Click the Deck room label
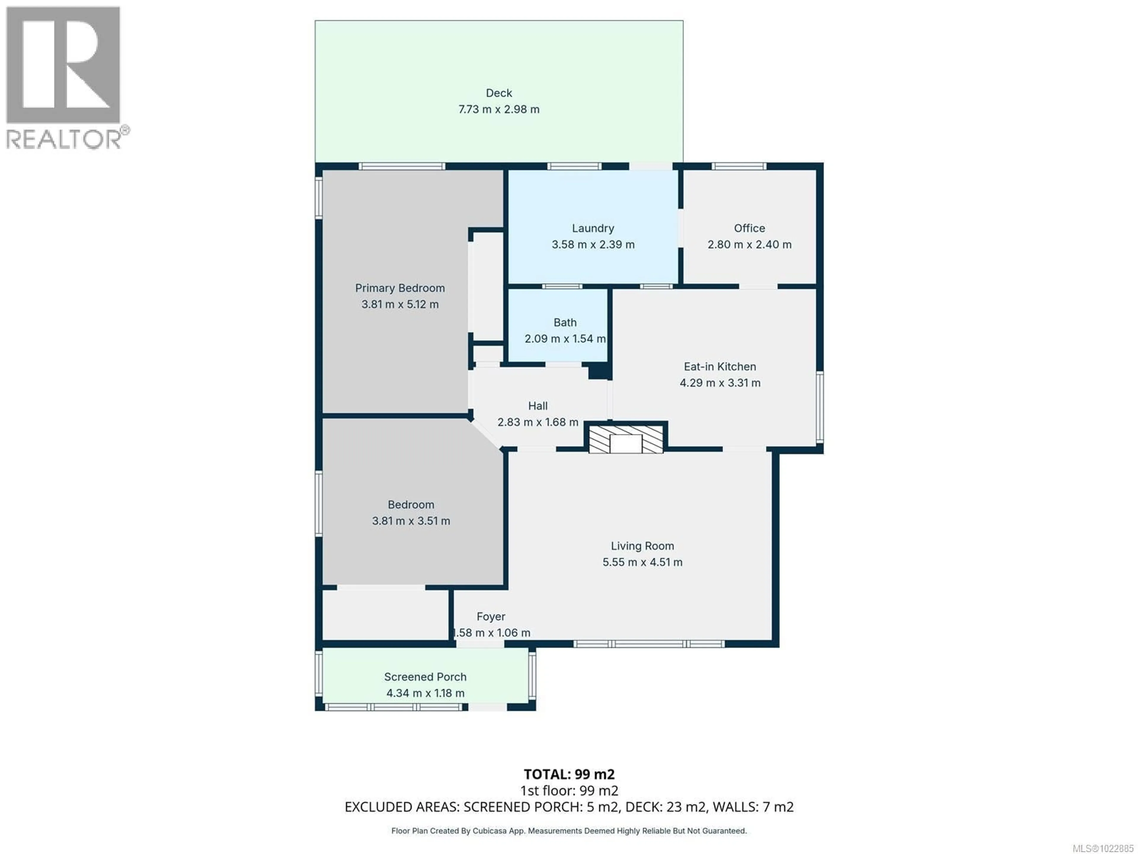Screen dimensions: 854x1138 pos(498,93)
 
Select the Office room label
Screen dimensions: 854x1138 pos(749,228)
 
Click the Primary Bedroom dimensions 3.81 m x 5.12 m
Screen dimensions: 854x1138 pos(400,304)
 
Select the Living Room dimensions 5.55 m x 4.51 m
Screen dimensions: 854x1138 pos(642,562)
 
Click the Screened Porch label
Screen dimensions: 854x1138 pos(425,677)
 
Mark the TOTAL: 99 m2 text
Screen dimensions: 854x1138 pos(569,774)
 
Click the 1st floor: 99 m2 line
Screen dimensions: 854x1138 pos(569,791)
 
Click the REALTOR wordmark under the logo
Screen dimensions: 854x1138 pos(64,139)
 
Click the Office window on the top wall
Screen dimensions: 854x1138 pos(739,166)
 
